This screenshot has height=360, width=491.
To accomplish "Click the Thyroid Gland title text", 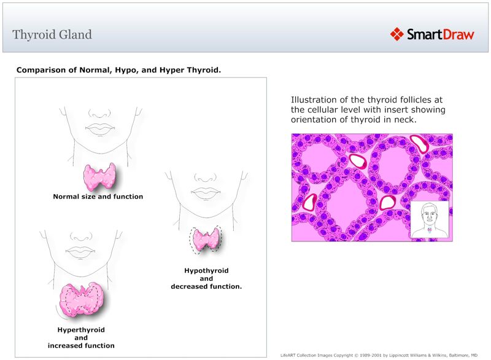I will point(52,34).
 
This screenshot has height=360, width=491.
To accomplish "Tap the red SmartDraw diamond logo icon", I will point(397,34).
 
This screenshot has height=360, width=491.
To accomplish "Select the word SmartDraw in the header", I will point(441,34).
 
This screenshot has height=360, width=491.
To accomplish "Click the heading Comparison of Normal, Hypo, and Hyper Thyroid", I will point(118,70).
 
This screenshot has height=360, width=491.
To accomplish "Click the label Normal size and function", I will point(98,197).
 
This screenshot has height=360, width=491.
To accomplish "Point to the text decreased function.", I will point(206,286).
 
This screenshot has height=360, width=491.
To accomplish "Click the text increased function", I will point(81,346).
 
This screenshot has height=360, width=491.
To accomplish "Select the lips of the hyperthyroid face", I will point(80,251).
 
